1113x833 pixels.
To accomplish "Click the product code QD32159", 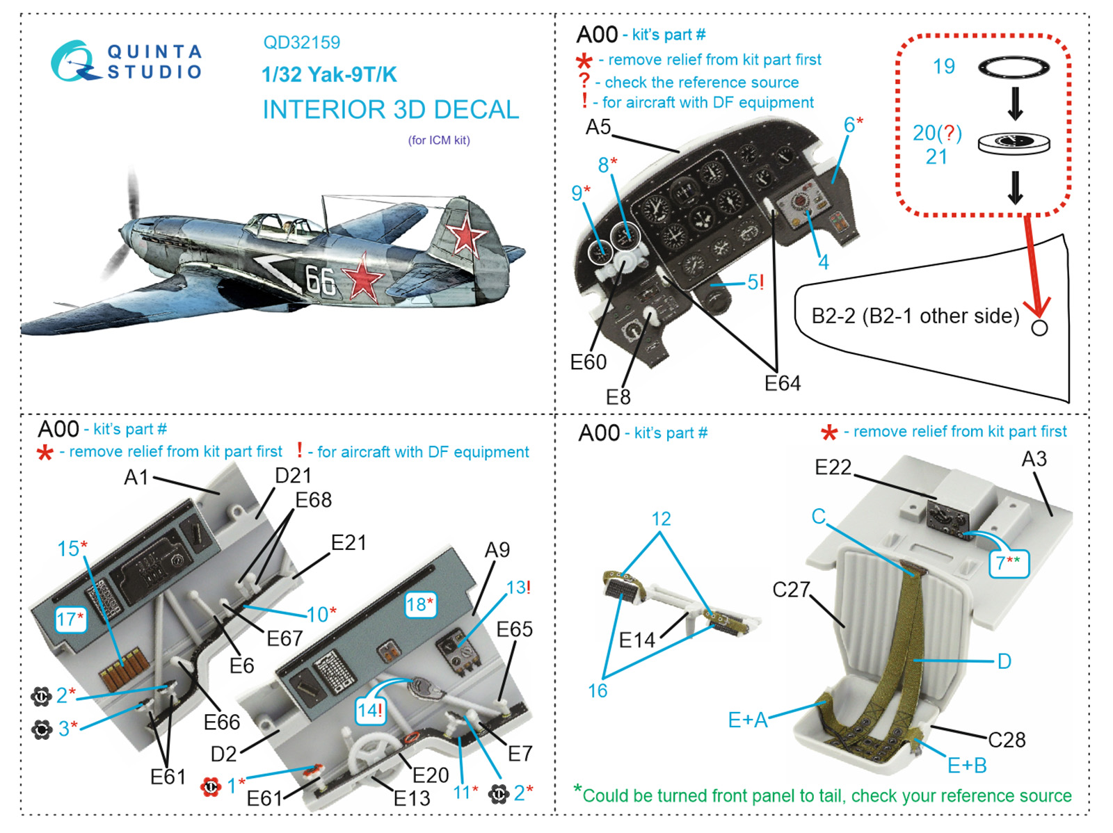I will [x=301, y=42].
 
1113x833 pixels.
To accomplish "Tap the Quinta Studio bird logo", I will [x=74, y=61].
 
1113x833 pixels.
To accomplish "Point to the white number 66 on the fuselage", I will [x=321, y=280].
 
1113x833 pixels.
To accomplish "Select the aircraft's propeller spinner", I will [x=124, y=231].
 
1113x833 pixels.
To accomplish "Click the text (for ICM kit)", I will [x=439, y=140].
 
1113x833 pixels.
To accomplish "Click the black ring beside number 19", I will [x=1014, y=67].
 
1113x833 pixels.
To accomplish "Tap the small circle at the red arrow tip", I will [x=1039, y=327].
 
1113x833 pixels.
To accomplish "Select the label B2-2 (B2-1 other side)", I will [x=915, y=316].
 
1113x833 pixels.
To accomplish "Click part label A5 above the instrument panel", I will [x=598, y=127].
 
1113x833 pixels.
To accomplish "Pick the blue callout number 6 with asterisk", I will [x=853, y=125].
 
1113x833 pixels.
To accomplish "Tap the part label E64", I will [x=782, y=383].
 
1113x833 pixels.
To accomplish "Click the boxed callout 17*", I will [x=71, y=619].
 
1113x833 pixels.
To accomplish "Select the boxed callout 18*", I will [x=419, y=605].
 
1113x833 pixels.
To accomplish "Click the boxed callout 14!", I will [x=369, y=711].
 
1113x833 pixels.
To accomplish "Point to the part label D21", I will [x=293, y=476].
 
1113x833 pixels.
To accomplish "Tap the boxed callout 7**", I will [x=1008, y=563].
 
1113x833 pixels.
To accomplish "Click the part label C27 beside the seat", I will [x=791, y=590].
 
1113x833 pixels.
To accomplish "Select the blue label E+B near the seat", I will [x=966, y=766].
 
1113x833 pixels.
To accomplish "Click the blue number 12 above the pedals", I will [x=661, y=519].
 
